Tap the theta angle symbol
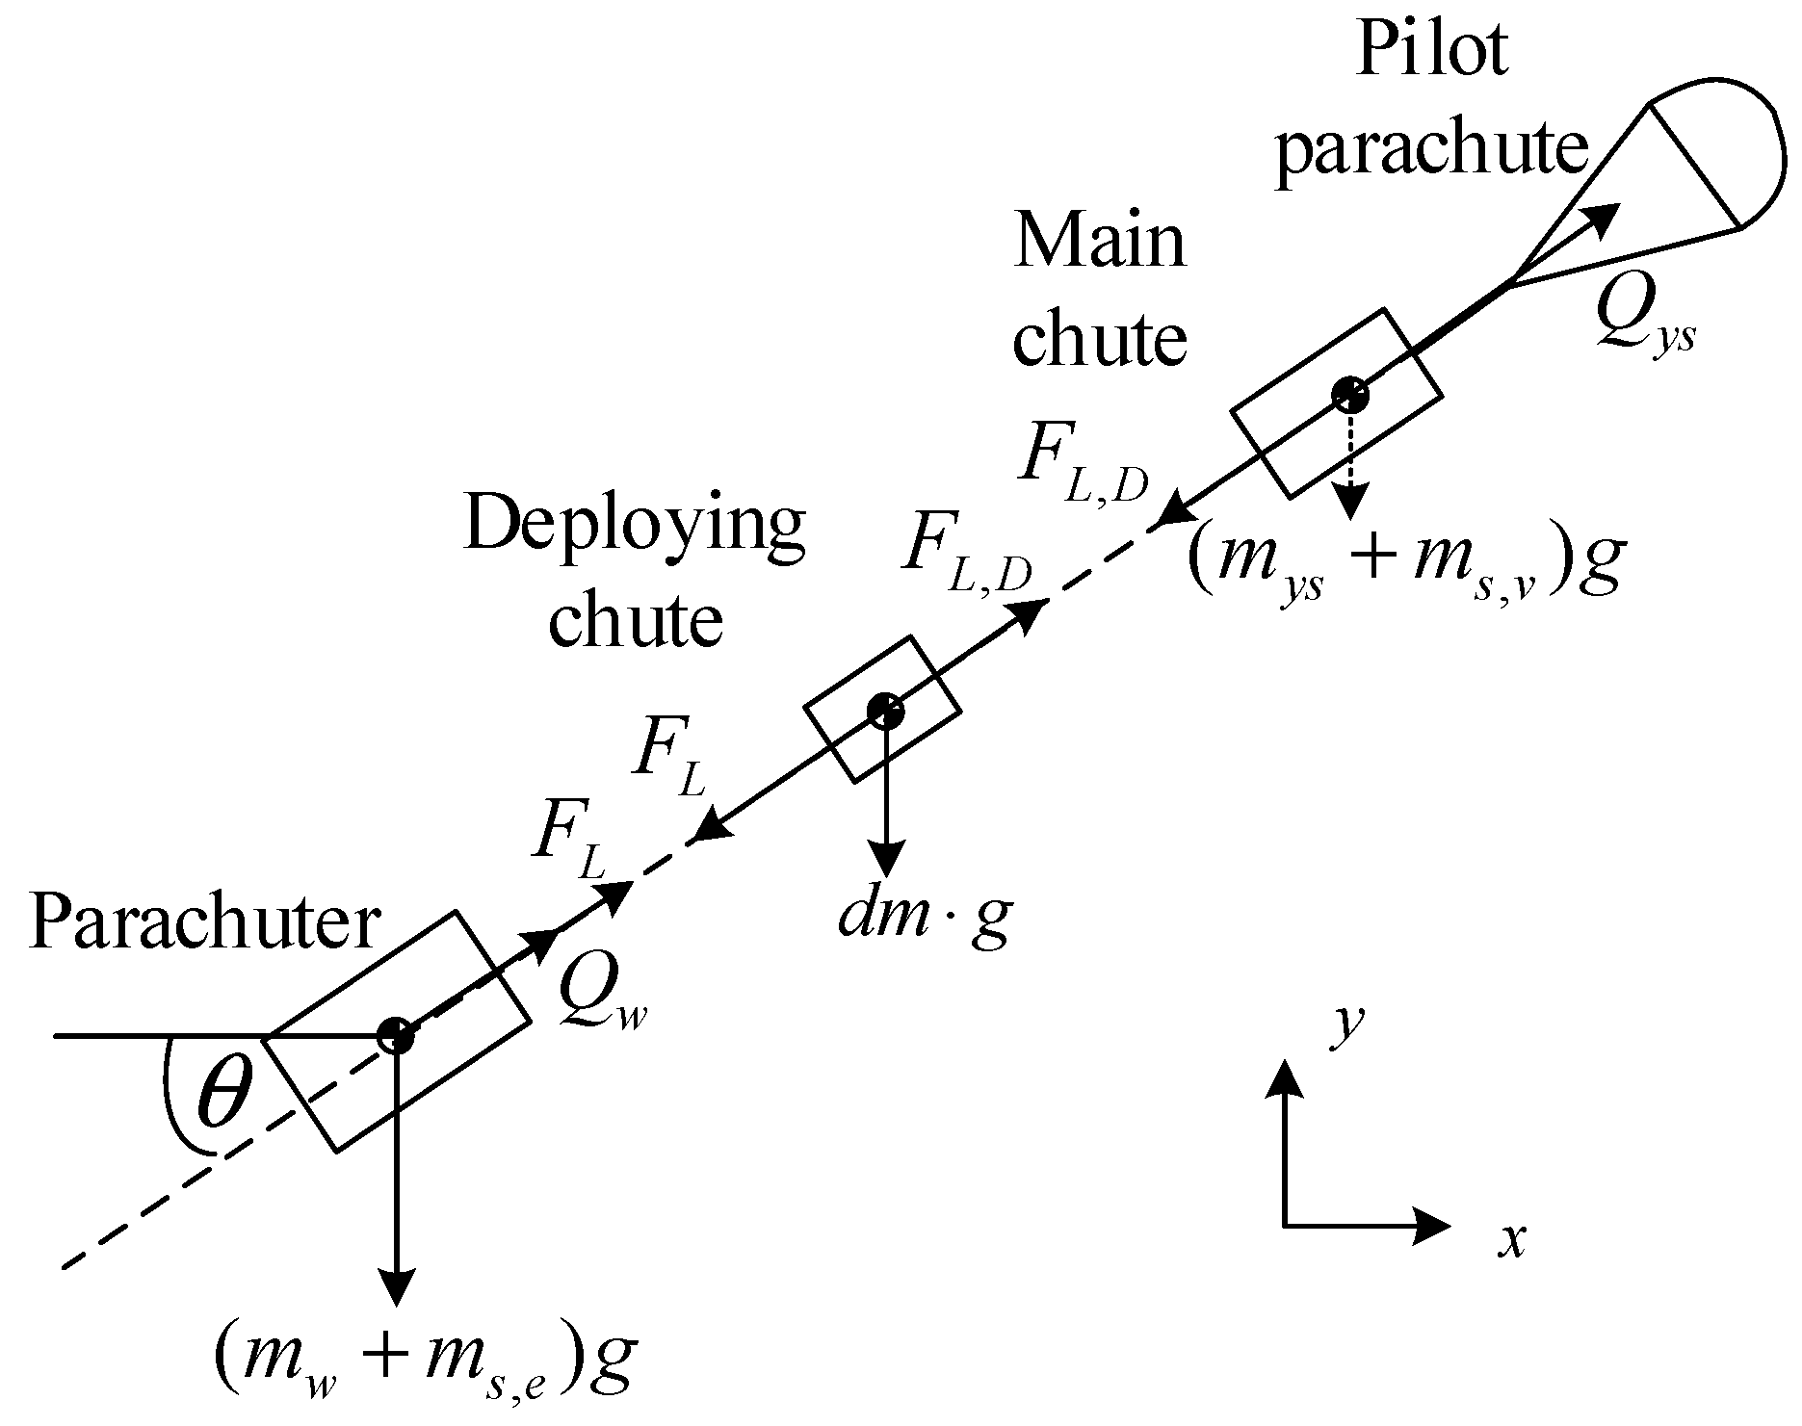click(223, 1097)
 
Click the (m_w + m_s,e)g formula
click(424, 1368)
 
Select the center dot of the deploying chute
click(884, 711)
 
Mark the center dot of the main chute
click(1350, 393)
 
